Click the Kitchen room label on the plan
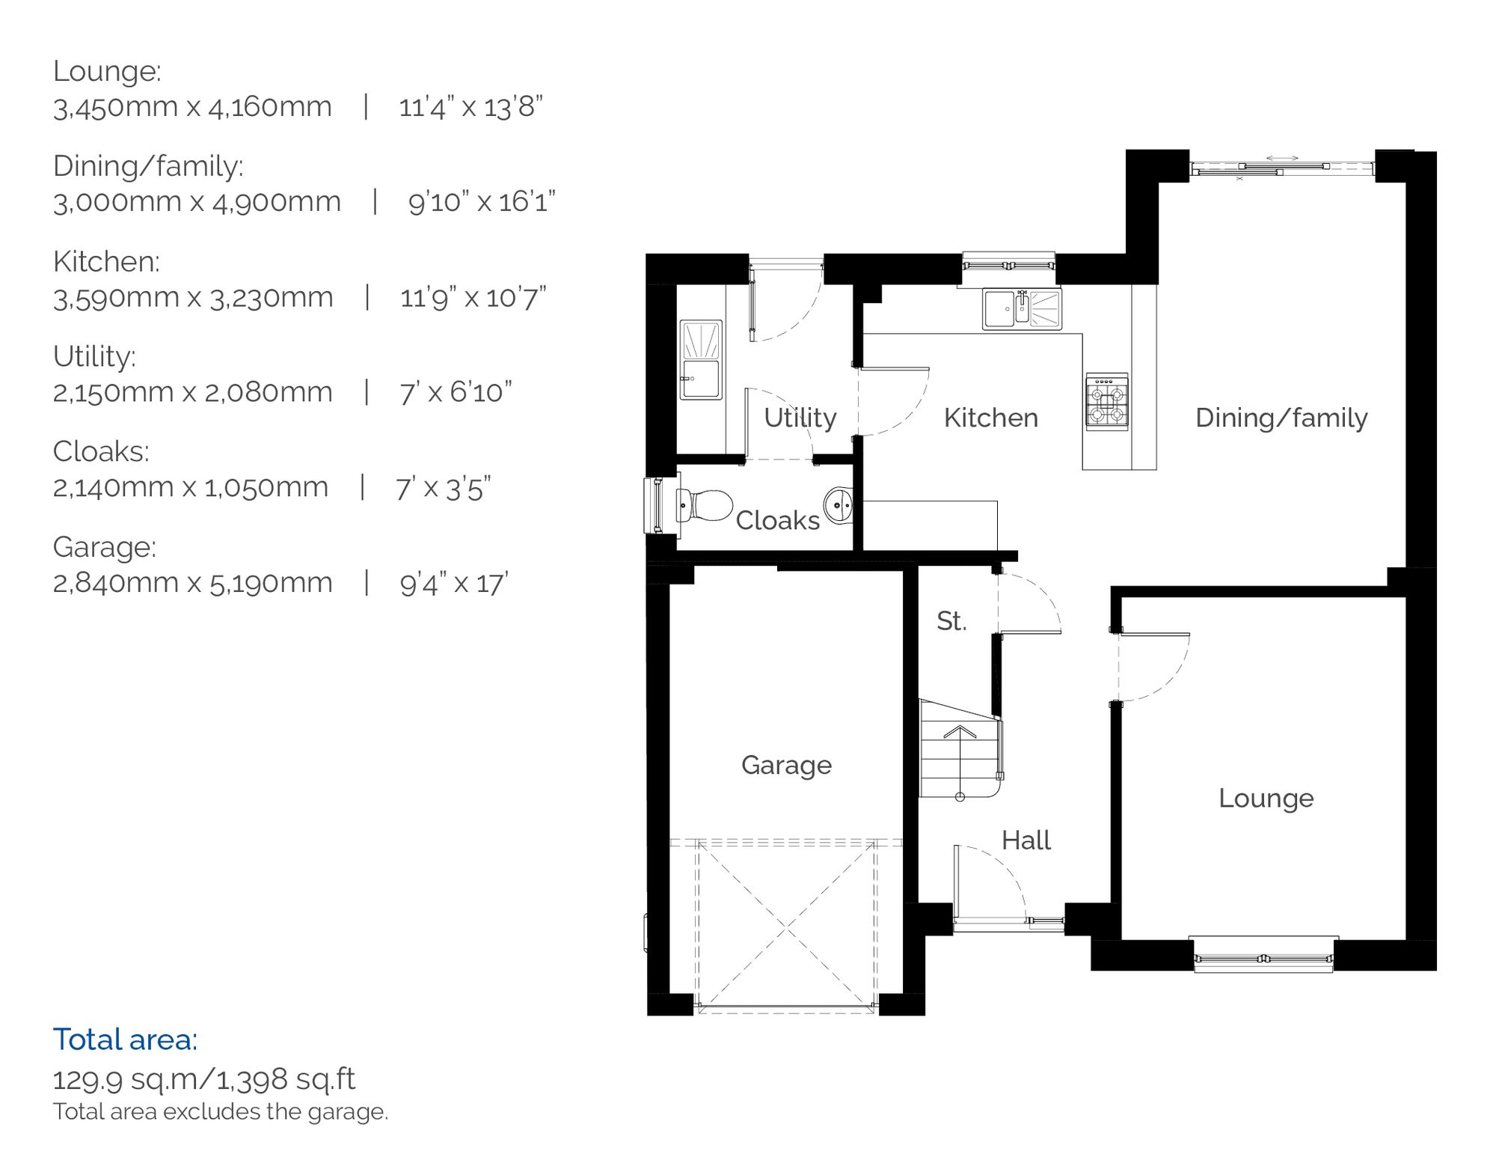990,418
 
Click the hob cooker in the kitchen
1107,403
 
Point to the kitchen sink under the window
1022,309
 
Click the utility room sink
701,360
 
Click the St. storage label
951,620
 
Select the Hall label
1026,840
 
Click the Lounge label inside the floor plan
1266,798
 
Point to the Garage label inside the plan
786,765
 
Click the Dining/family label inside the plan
1281,418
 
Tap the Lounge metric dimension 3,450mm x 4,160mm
192,107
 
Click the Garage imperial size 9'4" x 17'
454,583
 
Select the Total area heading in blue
125,1040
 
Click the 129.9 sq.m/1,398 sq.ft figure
203,1079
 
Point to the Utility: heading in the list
94,356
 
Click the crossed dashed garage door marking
786,928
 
